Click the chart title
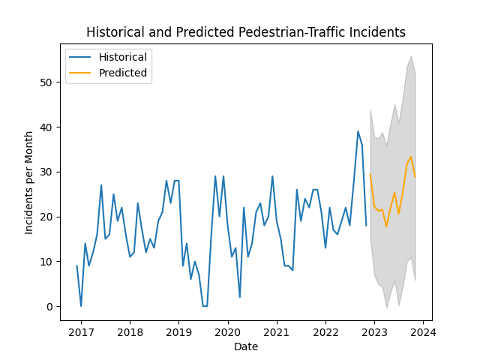[x=246, y=33]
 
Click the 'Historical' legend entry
[x=122, y=57]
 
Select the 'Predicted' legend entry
[x=122, y=73]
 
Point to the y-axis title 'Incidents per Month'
[x=29, y=182]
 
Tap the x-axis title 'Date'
[x=246, y=346]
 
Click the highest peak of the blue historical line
[x=358, y=131]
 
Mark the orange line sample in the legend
[x=82, y=73]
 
